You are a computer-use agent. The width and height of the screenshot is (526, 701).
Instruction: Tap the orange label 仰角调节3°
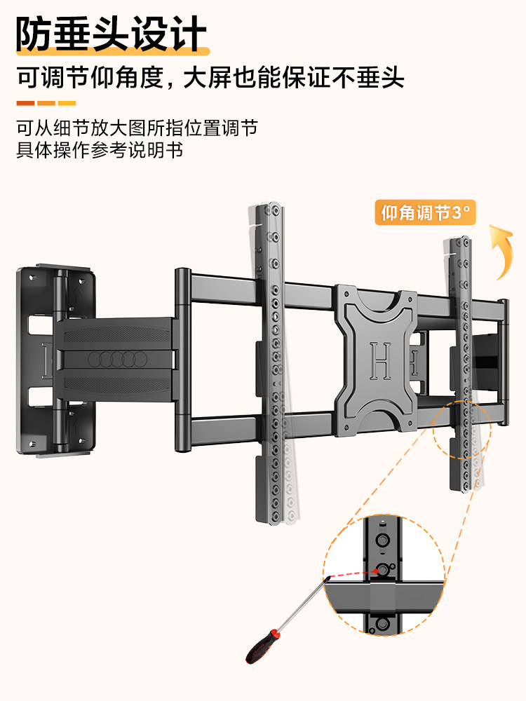click(x=426, y=212)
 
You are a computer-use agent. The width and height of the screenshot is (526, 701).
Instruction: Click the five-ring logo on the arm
click(x=117, y=360)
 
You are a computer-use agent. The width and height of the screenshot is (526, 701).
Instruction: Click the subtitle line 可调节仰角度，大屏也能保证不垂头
click(x=210, y=77)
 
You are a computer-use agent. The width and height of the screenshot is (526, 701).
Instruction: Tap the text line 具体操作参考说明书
click(x=100, y=150)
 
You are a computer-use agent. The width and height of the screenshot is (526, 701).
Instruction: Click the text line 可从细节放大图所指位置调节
click(x=137, y=128)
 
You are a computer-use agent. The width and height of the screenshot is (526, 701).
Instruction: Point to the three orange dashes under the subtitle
click(x=46, y=103)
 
